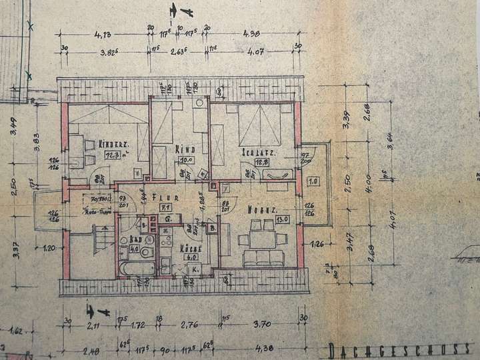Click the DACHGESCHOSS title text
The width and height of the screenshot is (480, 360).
pyautogui.click(x=400, y=350)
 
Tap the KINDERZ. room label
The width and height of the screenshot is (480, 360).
pyautogui.click(x=113, y=144)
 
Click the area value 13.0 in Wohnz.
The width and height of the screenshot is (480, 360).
pyautogui.click(x=282, y=219)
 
